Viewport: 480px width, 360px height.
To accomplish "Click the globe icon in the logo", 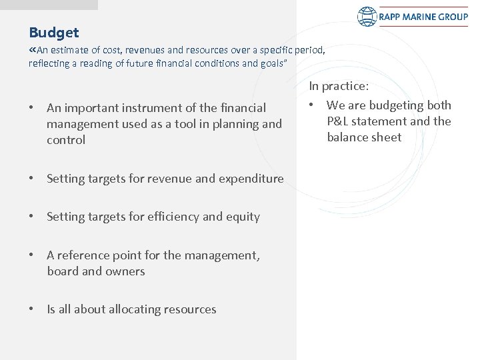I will (x=367, y=17).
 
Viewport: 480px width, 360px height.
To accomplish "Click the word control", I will (x=66, y=140).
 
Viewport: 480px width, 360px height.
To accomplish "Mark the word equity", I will (x=243, y=217).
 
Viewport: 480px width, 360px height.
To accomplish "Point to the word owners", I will (x=125, y=271).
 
